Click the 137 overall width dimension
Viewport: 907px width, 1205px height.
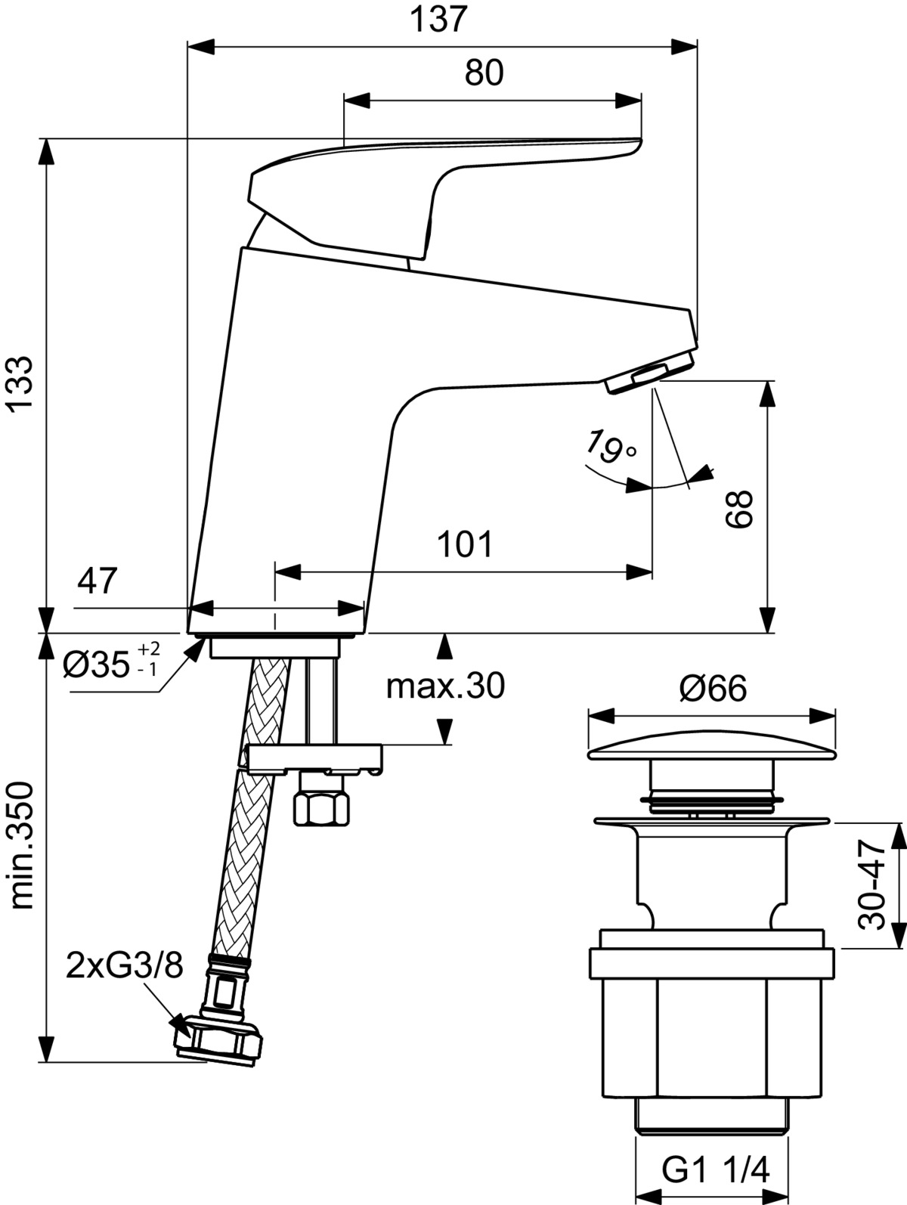(438, 21)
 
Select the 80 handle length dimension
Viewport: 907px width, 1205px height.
(484, 72)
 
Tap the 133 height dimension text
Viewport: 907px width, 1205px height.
(23, 383)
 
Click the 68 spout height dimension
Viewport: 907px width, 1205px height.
(738, 509)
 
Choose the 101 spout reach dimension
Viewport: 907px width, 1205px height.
(466, 544)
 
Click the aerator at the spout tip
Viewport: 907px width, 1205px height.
(651, 372)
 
